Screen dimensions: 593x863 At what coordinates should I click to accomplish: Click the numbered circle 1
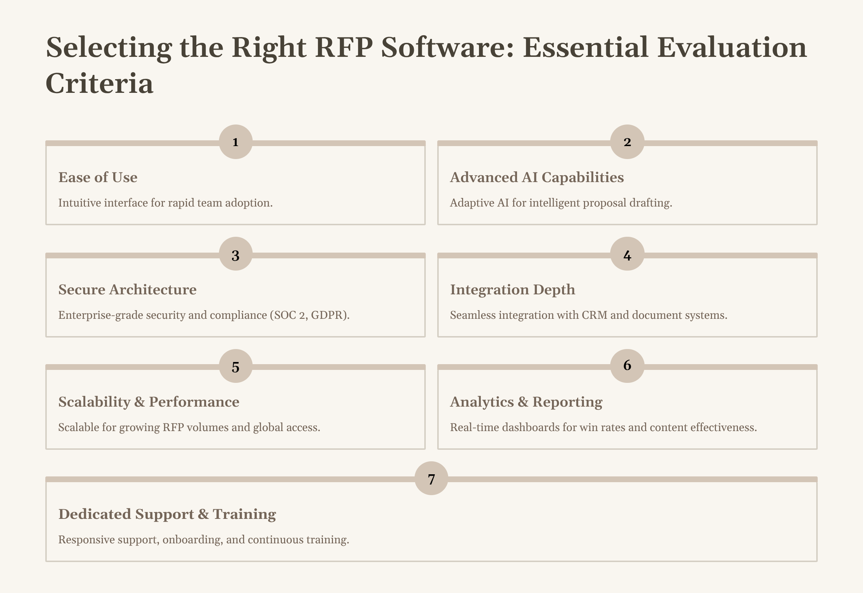pos(236,142)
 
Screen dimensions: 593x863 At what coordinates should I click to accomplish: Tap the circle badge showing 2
pos(627,142)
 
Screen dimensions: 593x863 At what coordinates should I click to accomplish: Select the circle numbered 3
pos(236,254)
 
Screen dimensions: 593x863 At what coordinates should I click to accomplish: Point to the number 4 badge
pos(627,254)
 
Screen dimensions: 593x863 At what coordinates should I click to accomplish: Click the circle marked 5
pos(236,366)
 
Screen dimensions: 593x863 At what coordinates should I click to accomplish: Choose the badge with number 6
pos(627,366)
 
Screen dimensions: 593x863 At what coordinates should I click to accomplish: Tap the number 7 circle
pos(431,479)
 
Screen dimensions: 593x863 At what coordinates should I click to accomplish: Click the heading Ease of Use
pos(98,177)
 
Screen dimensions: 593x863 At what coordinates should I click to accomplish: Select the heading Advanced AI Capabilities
pos(536,177)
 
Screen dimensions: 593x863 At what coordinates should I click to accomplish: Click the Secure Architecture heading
pos(127,289)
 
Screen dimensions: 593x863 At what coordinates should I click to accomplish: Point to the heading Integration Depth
pos(512,289)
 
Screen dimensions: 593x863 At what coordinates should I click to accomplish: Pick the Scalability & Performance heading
pos(149,402)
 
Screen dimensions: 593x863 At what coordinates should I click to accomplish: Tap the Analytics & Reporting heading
pos(526,402)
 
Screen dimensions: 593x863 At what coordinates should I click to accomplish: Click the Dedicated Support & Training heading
pos(167,514)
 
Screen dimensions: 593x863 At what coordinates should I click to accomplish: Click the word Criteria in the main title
pos(100,83)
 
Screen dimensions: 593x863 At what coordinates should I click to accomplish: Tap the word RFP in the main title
pos(343,47)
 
